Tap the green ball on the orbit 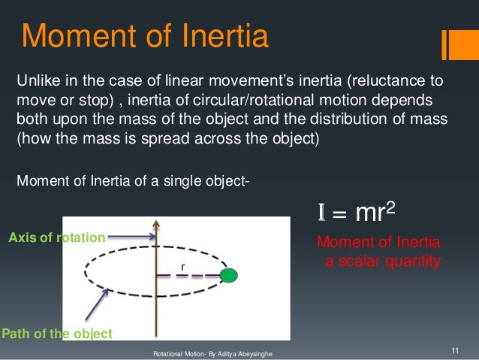[x=229, y=275]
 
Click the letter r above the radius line [x=181, y=266]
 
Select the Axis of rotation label [x=56, y=237]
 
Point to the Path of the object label [x=57, y=334]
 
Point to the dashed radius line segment [x=188, y=276]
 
